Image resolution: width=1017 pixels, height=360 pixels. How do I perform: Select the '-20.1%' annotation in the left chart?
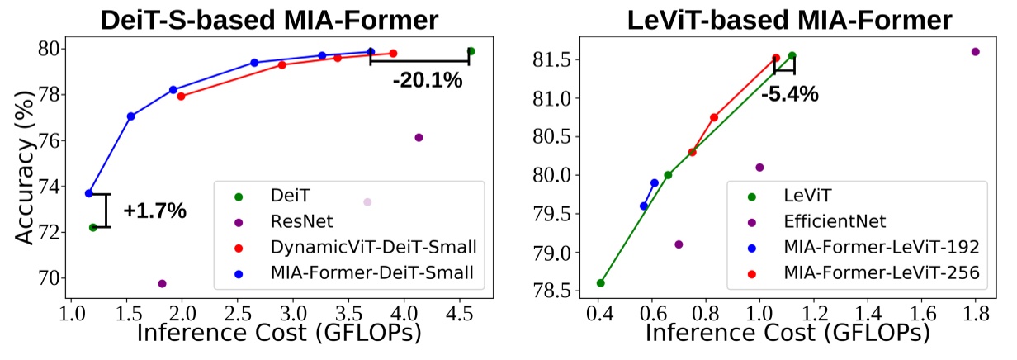(427, 80)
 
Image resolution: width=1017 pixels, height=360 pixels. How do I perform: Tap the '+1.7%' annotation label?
(155, 211)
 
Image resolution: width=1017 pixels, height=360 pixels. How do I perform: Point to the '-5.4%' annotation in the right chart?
(790, 94)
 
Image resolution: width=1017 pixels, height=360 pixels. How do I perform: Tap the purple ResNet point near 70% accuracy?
(162, 284)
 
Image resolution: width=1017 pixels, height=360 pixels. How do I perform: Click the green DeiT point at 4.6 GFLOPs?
(471, 51)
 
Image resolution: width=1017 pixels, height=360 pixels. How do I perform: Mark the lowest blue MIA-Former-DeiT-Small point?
(88, 193)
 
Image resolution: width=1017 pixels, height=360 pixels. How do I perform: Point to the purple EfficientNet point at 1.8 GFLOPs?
(975, 51)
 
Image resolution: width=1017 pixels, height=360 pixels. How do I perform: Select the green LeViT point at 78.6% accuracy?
(600, 283)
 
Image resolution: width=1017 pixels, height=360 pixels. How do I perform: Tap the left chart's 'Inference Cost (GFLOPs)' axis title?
(278, 333)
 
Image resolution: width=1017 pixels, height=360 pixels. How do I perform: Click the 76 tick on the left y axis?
(51, 140)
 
